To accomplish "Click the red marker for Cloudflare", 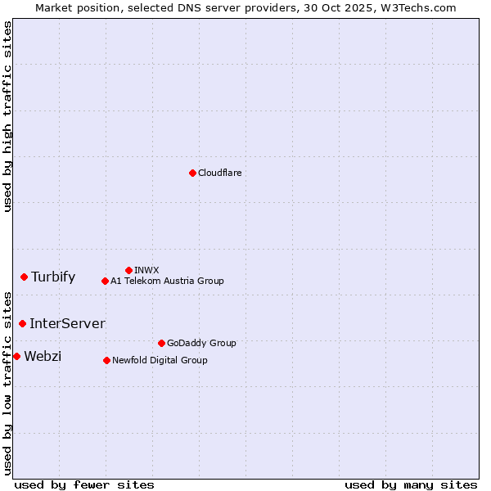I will [192, 173].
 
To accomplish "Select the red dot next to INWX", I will [128, 270].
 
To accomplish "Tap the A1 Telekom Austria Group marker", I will [105, 281].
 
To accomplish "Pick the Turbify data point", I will [24, 277].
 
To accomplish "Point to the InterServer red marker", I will [22, 323].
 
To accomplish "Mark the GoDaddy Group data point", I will [161, 343].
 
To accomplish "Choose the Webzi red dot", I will [16, 356].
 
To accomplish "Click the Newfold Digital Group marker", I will [106, 360].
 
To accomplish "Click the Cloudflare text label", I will [219, 173].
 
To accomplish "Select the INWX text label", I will [146, 270].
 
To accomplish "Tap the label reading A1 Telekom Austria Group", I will [167, 281].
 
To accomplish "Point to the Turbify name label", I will [53, 277].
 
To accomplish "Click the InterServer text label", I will [67, 323].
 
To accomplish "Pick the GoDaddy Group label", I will [201, 343].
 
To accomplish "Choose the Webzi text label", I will [43, 356].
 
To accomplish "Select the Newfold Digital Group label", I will [160, 360].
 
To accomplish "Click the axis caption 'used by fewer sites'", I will [84, 484].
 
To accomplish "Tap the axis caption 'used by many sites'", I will [411, 484].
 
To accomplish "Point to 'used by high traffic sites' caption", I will [7, 116].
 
